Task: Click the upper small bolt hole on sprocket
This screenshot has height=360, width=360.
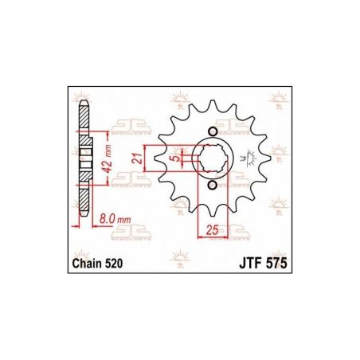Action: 211,131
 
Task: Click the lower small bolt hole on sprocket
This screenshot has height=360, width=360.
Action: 211,186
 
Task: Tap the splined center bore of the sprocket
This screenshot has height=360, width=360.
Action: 211,158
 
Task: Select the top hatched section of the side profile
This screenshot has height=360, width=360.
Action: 84,120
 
